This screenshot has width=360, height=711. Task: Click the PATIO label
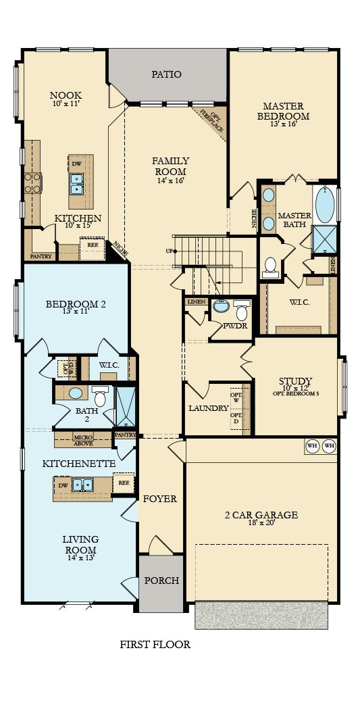(x=166, y=74)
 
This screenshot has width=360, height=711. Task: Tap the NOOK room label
(x=66, y=95)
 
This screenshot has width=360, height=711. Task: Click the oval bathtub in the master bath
(x=325, y=205)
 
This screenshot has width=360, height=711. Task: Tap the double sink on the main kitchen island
(x=77, y=180)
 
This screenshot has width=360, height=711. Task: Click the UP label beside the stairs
(x=168, y=250)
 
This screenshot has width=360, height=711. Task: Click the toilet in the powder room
(x=241, y=312)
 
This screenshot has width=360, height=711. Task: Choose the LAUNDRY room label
(x=207, y=408)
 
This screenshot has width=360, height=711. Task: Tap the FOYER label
(x=160, y=499)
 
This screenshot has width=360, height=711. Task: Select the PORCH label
(x=161, y=581)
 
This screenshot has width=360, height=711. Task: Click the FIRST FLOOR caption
(x=155, y=645)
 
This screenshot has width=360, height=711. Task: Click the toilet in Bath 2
(x=100, y=396)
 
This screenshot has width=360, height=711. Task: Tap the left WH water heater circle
(x=312, y=446)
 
